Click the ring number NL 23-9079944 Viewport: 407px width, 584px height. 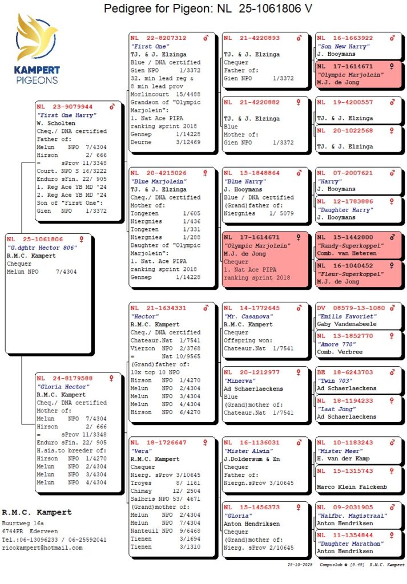point(65,107)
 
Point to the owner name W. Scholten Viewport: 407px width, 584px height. point(56,123)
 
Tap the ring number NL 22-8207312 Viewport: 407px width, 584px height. point(158,38)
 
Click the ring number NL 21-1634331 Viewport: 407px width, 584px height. point(158,308)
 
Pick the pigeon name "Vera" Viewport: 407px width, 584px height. point(142,451)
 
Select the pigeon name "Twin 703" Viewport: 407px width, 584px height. point(335,380)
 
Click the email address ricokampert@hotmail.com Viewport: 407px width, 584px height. point(42,547)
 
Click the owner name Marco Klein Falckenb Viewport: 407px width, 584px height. point(352,487)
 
